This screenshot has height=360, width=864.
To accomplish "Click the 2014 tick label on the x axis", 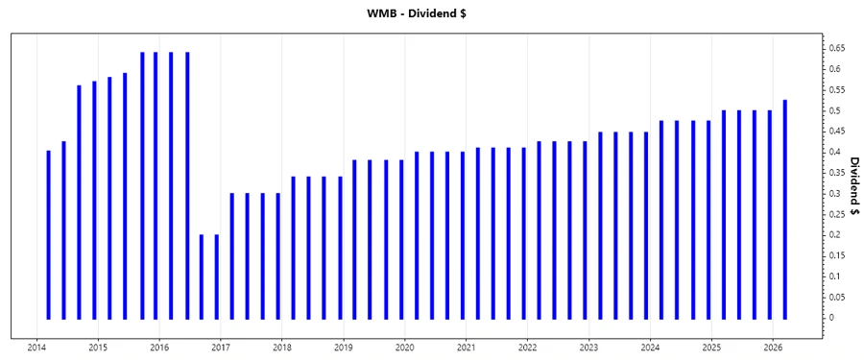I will click(36, 348).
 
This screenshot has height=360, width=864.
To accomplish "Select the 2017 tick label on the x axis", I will click(221, 348).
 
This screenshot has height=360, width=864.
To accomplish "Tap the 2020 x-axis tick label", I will click(405, 348).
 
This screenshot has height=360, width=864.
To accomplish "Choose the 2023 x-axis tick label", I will click(589, 348).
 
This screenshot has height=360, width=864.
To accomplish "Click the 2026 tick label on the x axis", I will click(774, 348).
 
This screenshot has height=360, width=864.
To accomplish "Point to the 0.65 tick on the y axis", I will click(838, 48).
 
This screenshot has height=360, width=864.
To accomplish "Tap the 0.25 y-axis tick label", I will click(838, 214).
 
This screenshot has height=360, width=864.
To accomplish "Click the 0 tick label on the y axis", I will click(832, 318).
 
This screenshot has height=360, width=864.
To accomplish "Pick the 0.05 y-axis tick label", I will click(838, 297).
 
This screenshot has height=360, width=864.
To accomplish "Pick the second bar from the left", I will click(63, 229).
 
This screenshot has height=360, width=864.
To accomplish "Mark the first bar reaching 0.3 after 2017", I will click(232, 255).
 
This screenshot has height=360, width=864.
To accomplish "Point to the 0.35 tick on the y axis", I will click(838, 173).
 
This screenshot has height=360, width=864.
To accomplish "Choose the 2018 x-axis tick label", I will click(282, 348).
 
